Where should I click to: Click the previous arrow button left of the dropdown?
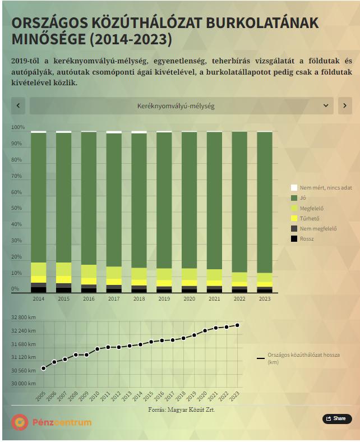point(18,105)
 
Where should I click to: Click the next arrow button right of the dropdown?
point(345,105)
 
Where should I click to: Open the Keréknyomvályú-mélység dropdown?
point(181,105)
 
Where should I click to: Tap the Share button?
point(336,418)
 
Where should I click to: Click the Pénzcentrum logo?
point(51,422)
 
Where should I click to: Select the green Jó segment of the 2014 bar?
point(39,196)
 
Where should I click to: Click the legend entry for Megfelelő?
point(311,208)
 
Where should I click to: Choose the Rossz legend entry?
point(307,238)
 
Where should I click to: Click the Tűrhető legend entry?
point(310,218)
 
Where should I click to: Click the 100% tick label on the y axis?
point(18,127)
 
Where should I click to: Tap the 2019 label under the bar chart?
point(164,299)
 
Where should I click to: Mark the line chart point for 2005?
point(43,369)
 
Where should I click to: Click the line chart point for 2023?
point(237,325)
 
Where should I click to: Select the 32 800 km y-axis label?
point(24,317)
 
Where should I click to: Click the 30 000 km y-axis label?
point(24,384)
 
